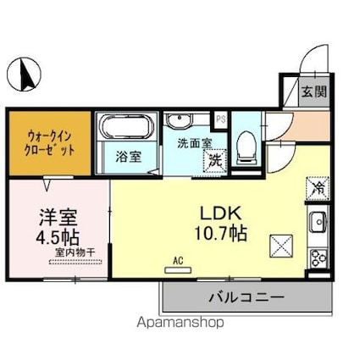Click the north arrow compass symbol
pos(24,74)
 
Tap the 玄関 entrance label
pos(314,91)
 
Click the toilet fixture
pos(246,147)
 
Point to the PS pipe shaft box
pos(221,119)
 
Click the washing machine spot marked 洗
pos(215,160)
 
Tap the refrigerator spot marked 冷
pos(318,188)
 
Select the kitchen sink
pos(318,222)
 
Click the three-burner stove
pos(319,258)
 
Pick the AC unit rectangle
pos(178,270)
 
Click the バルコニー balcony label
pos(246,297)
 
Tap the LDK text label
pos(220,213)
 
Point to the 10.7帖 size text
pos(220,234)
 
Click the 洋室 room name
pos(58,218)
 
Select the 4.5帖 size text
pos(58,237)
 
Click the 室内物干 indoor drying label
pos(75,252)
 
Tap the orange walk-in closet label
pos(50,143)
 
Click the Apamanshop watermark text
pos(180,323)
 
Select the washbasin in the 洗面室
pos(179,120)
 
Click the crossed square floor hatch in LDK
pos(281,246)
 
